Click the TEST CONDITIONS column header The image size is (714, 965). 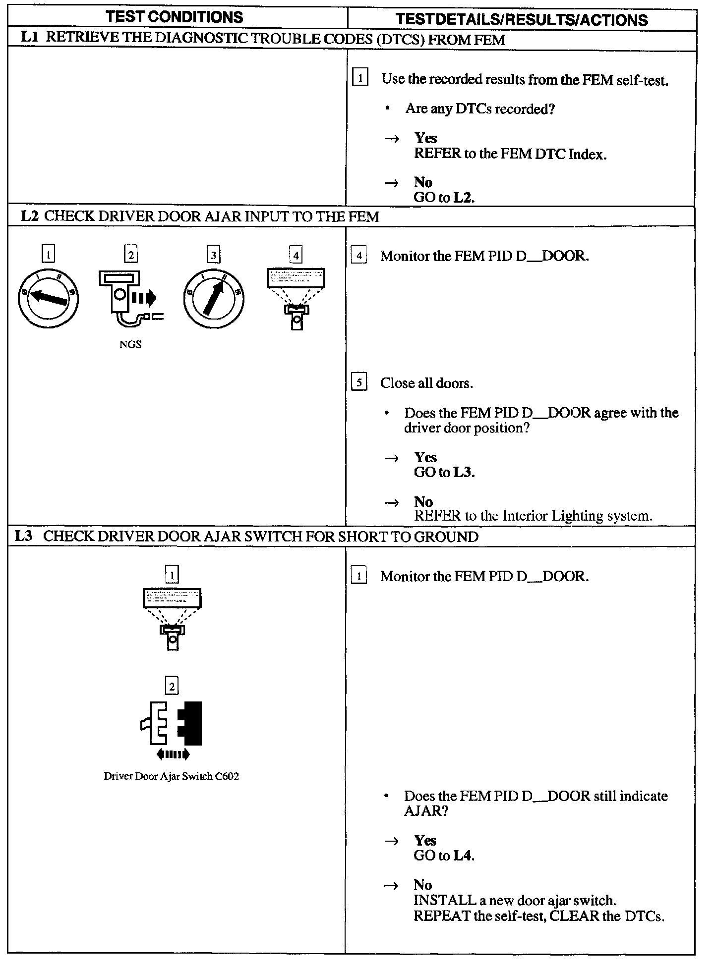point(175,17)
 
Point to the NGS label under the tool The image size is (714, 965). point(130,345)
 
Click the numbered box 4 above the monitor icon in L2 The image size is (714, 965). point(296,255)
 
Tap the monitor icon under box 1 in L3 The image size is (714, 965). point(172,619)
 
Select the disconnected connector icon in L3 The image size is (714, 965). point(172,723)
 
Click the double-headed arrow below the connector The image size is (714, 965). point(173,754)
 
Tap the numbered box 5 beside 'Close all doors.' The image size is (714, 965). point(359,383)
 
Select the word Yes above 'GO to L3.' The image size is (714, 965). point(425,457)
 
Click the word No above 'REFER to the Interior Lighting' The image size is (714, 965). point(423,501)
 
